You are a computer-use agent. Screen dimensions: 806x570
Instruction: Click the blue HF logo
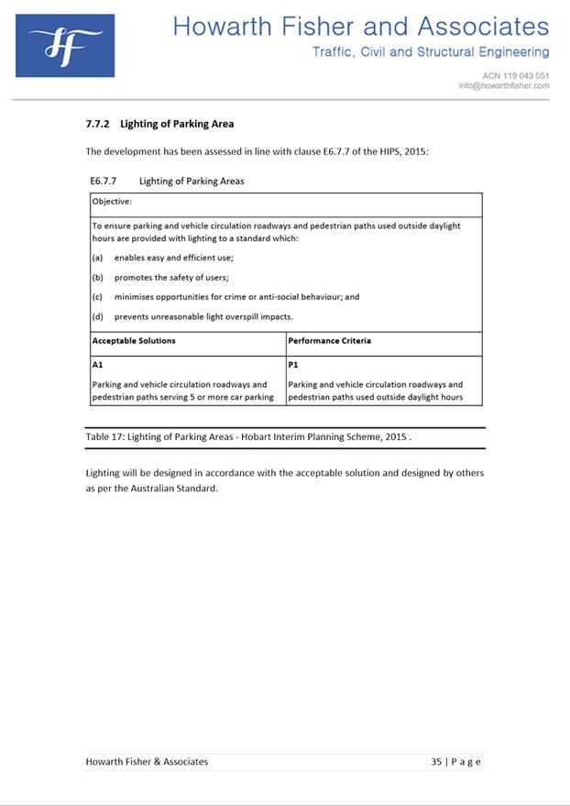65,45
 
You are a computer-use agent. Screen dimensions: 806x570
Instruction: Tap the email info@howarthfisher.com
504,85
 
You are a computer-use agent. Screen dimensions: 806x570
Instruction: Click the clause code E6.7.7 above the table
105,181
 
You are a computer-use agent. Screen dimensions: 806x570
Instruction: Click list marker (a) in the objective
97,258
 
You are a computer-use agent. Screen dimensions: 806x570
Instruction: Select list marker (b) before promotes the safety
97,277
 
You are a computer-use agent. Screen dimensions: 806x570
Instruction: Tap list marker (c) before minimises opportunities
97,297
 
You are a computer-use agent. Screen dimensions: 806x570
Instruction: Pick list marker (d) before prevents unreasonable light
97,316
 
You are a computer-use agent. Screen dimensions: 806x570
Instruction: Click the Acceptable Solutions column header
134,340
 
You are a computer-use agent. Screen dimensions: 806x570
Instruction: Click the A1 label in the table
97,364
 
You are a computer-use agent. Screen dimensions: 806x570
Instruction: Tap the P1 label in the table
293,364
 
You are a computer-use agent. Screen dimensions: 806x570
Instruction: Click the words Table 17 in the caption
104,437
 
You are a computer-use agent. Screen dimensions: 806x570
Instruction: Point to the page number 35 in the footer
437,761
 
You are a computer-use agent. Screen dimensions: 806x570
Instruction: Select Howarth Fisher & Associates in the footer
147,761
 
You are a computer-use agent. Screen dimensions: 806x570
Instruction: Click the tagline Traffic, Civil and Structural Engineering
431,52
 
